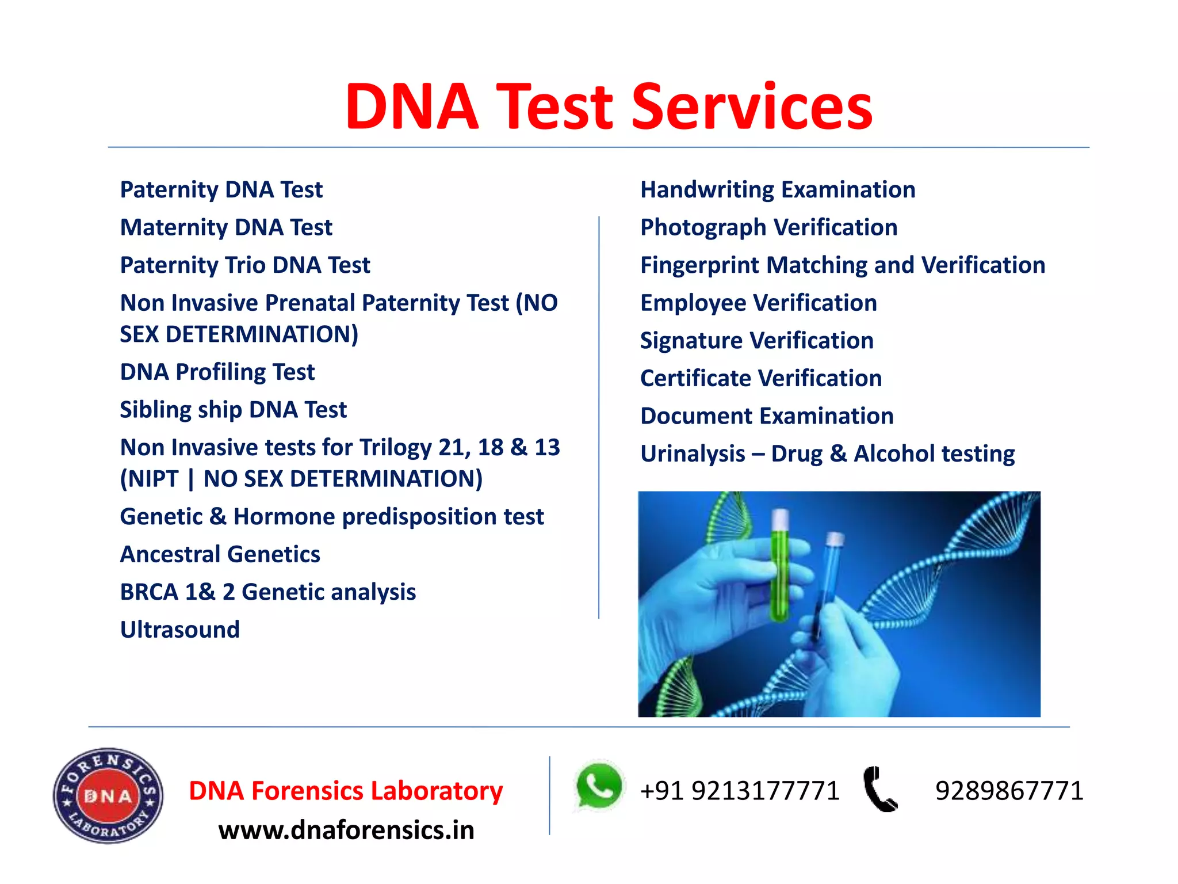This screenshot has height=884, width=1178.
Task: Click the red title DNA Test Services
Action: coord(609,107)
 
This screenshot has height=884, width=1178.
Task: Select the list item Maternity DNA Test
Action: coord(226,227)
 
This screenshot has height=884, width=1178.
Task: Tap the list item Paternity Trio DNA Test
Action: coord(245,265)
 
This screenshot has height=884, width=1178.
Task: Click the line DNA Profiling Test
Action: coord(217,372)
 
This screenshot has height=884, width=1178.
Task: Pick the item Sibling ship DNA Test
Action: coord(233,410)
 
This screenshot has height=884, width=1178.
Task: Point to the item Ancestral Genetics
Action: coord(220,554)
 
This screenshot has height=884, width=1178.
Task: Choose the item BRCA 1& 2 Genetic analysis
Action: coord(267,592)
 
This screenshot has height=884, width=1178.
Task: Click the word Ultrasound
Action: coord(179,630)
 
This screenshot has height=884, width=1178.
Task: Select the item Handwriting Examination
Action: coord(778,190)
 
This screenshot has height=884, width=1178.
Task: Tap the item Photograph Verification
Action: coord(768,227)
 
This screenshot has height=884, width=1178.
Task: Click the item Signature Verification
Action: coord(756,341)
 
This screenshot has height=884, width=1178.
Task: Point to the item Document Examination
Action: coord(767,416)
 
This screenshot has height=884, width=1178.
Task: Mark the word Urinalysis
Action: coord(693,454)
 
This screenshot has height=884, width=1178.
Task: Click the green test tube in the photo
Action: coord(780,567)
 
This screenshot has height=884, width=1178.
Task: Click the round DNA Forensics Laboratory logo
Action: coord(108,796)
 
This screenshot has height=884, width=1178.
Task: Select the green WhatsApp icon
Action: coord(599,786)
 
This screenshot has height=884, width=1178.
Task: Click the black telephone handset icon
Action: coord(879,790)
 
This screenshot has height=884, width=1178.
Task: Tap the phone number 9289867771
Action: coord(1009,791)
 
